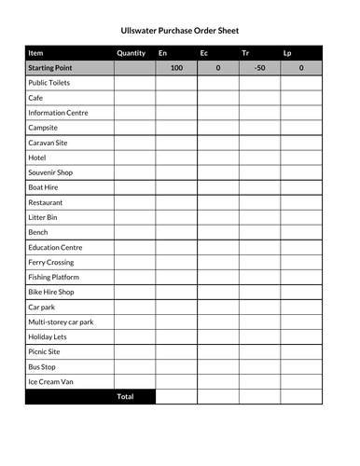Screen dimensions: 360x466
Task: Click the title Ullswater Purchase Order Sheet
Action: click(180, 30)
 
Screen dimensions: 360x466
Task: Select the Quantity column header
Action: click(132, 53)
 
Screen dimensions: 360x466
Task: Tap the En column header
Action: click(163, 53)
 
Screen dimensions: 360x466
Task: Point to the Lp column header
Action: click(287, 53)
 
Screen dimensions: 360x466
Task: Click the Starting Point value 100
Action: click(176, 68)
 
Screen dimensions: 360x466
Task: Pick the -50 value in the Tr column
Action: click(259, 68)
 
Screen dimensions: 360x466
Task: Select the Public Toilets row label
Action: click(48, 83)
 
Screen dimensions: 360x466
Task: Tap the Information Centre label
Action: click(58, 113)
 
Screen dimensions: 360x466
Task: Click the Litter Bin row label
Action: click(43, 217)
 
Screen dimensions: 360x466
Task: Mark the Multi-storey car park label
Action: click(61, 322)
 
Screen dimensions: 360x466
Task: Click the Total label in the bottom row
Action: click(125, 396)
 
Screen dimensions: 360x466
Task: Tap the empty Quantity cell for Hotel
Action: click(134, 158)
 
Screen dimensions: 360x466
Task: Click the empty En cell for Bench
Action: click(176, 232)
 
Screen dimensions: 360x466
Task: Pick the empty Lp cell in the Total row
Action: click(301, 396)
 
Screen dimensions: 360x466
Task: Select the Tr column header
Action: click(245, 53)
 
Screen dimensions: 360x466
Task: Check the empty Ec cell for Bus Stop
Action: click(217, 366)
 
